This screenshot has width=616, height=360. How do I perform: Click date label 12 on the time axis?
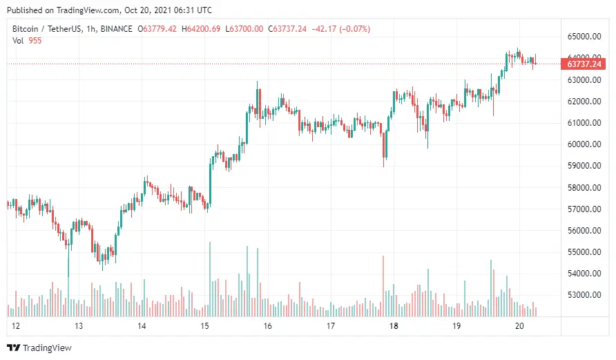15,326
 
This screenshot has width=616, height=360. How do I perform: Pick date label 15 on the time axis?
204,326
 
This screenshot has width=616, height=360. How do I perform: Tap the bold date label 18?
394,326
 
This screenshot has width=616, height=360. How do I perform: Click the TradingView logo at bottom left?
39,348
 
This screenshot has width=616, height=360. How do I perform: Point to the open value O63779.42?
158,29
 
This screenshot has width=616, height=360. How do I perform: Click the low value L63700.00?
245,29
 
